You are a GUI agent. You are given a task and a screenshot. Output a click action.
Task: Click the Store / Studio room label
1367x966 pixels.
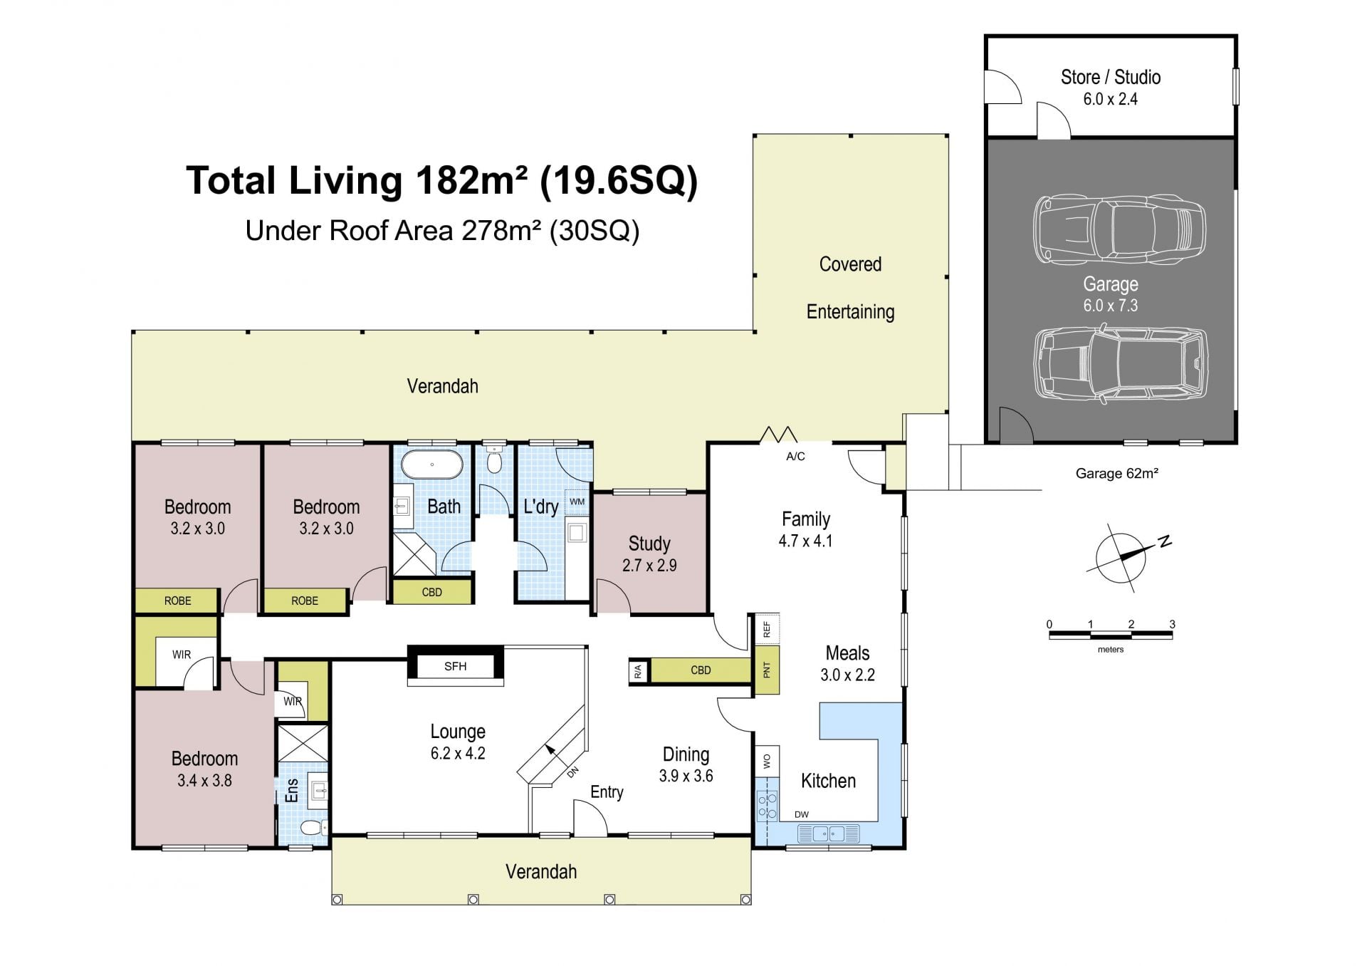(x=1110, y=77)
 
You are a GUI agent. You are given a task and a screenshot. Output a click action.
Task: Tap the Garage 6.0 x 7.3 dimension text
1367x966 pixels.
(x=1110, y=306)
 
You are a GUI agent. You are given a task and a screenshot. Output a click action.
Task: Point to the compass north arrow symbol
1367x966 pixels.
(x=1125, y=557)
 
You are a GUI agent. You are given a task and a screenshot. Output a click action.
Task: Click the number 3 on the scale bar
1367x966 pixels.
(x=1172, y=624)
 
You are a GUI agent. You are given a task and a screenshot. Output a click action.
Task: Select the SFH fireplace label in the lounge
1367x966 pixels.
(x=455, y=666)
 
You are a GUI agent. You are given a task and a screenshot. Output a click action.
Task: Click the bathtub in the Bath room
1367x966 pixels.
(x=431, y=464)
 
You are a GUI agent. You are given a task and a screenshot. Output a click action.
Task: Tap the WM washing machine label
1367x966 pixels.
(x=577, y=502)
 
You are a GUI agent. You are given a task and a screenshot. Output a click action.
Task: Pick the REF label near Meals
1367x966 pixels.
(x=767, y=629)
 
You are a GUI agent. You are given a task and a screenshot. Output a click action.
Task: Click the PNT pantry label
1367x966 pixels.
(x=767, y=670)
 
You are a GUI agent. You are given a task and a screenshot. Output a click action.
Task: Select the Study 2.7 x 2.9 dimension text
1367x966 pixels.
(x=649, y=566)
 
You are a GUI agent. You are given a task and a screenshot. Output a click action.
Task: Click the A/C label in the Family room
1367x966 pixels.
(x=795, y=457)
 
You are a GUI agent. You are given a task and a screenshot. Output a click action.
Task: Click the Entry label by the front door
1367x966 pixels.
(x=607, y=792)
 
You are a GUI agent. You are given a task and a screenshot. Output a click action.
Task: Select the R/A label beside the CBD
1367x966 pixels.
(x=638, y=670)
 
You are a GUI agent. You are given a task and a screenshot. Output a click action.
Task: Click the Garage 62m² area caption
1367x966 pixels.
(x=1116, y=473)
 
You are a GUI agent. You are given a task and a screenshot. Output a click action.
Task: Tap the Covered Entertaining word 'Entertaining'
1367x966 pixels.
(x=850, y=312)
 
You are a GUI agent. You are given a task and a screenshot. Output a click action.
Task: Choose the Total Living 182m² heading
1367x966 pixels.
(x=441, y=180)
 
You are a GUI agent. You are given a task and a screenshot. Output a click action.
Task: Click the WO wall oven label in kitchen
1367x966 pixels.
(x=767, y=762)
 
